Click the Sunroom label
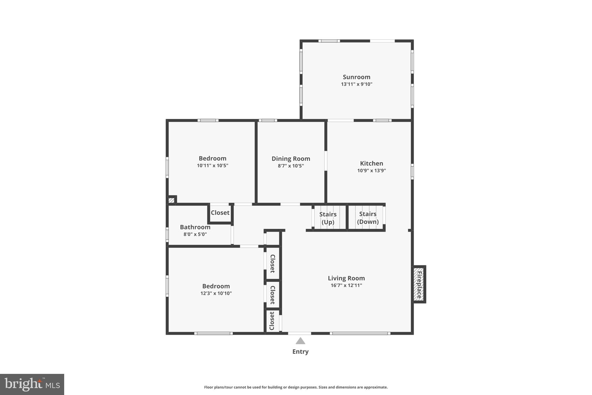(356, 77)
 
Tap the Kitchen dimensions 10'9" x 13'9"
(371, 170)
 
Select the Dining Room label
(291, 159)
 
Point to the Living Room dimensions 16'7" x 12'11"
(346, 285)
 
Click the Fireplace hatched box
(419, 284)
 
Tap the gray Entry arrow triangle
(300, 341)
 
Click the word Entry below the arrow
(300, 352)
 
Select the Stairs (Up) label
(328, 218)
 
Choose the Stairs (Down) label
(368, 218)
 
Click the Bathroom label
(195, 227)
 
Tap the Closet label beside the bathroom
(220, 213)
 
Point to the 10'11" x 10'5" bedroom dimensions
(212, 166)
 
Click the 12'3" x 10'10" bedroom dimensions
(216, 293)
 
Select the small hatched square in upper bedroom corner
(171, 200)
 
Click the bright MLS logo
(32, 384)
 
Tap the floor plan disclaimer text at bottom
(296, 387)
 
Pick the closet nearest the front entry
(272, 321)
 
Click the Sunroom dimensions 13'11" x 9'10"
(356, 84)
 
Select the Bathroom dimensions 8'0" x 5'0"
(195, 234)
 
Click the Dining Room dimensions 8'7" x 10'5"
(291, 166)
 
